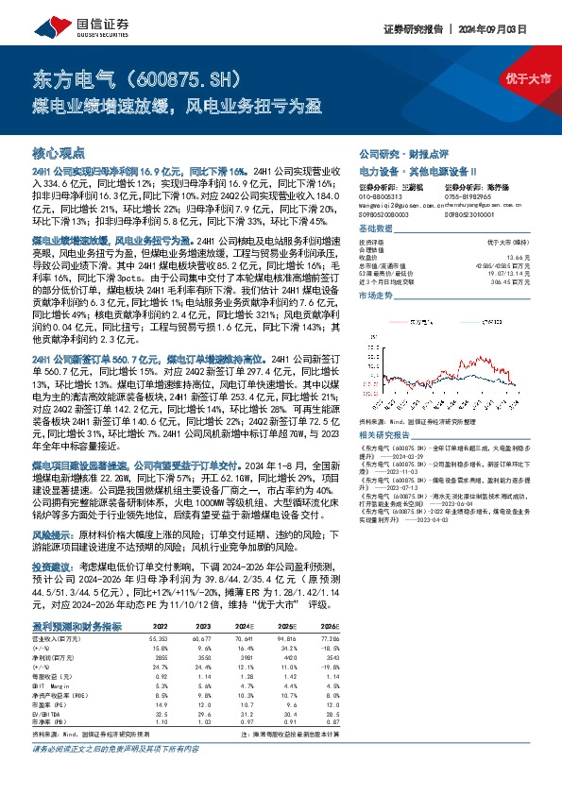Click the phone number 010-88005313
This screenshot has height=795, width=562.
click(381, 195)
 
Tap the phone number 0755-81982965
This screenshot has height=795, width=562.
click(463, 195)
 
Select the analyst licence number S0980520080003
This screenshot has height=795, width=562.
click(385, 213)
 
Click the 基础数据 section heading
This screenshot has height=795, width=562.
click(377, 228)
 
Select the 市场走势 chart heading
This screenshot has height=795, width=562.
click(377, 296)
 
